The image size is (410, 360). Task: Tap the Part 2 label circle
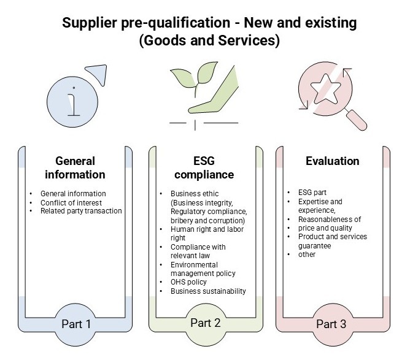click(206, 323)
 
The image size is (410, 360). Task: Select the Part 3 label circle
click(330, 323)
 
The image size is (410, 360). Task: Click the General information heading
click(75, 167)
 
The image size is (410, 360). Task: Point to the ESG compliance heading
click(206, 167)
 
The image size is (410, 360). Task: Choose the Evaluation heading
click(332, 161)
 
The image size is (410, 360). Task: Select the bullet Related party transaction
click(81, 211)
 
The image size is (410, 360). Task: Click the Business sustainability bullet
click(209, 291)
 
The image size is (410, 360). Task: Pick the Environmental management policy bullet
click(203, 269)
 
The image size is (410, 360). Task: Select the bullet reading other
click(306, 254)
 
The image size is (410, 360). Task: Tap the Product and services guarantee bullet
click(332, 241)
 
